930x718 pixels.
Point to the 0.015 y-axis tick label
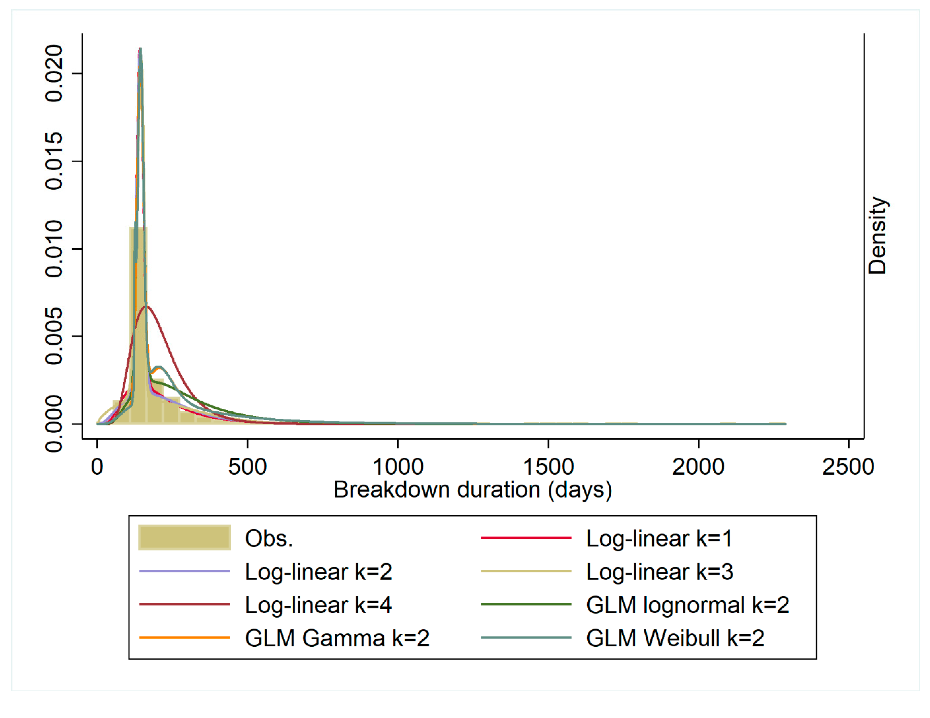(x=54, y=161)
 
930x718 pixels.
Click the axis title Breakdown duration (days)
(x=473, y=490)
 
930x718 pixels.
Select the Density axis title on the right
(x=878, y=236)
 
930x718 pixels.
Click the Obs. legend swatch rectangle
(x=184, y=537)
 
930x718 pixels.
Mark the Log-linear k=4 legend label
(x=318, y=605)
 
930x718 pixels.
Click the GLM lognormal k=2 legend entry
(x=687, y=605)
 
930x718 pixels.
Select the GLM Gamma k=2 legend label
(x=337, y=638)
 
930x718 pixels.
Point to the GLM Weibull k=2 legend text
(x=675, y=638)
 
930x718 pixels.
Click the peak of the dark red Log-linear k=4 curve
(x=146, y=306)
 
